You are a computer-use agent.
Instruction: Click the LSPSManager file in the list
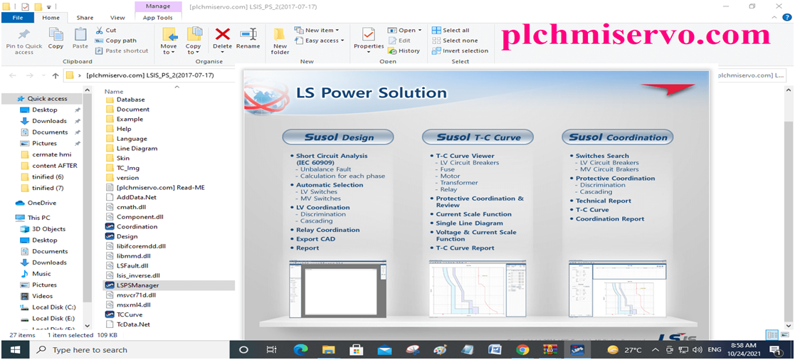[137, 285]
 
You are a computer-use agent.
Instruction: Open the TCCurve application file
[129, 314]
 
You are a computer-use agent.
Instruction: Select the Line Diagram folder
[137, 149]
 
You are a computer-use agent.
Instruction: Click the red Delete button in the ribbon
[222, 38]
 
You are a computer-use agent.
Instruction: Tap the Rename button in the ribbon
[248, 38]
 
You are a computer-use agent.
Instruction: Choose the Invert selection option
[465, 51]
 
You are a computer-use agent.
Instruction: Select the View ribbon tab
[117, 17]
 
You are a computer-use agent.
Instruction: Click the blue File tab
[18, 17]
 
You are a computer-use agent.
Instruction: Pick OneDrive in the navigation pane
[41, 203]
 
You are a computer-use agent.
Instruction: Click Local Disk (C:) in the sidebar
[54, 307]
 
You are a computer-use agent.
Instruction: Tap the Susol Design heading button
[337, 137]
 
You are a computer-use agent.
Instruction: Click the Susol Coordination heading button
[617, 137]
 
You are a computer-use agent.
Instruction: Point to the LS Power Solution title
[372, 92]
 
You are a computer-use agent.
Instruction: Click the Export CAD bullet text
[315, 239]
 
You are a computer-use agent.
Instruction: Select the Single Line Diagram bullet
[470, 223]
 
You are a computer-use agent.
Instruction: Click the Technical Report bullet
[603, 201]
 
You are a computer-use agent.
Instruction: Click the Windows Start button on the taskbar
[14, 349]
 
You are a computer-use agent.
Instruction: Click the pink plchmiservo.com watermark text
[636, 36]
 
